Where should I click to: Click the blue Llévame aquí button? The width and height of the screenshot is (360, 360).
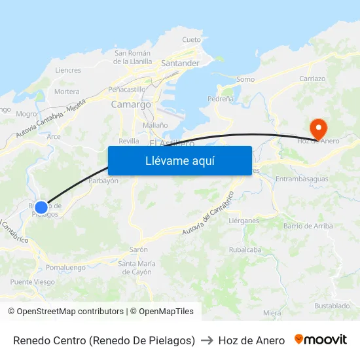179,160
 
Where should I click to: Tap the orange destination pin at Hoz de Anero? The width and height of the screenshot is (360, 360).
319,128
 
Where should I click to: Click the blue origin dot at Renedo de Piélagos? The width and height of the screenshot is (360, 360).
41,207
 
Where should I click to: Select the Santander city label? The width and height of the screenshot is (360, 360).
180,63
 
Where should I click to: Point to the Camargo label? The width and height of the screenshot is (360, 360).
131,104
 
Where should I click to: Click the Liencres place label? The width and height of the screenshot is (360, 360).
68,70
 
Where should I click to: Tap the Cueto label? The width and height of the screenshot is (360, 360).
192,40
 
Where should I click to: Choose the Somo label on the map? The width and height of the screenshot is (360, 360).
245,79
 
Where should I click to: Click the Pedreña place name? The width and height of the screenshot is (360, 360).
220,99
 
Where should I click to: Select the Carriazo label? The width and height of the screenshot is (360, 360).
312,79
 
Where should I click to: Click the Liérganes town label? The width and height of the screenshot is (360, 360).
244,221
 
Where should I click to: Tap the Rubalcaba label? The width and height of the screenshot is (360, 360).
245,249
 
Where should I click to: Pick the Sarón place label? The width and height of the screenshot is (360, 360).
139,249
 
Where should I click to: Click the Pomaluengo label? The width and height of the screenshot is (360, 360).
65,268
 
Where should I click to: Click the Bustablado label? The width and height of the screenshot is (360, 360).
332,306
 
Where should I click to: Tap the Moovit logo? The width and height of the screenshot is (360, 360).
321,340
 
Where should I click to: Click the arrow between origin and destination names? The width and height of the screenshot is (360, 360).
207,340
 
